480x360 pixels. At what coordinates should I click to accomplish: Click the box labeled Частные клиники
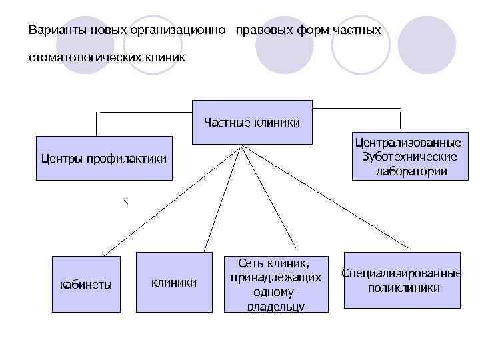(252, 122)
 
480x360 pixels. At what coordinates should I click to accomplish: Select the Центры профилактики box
(103, 159)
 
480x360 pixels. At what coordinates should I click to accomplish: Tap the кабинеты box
(86, 285)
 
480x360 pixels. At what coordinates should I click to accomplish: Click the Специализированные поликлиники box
(402, 280)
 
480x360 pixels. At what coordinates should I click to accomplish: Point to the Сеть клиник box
(275, 283)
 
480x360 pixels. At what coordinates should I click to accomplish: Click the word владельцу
(275, 306)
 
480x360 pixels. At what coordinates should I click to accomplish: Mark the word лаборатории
(411, 171)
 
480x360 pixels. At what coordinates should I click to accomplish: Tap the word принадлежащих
(276, 277)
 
